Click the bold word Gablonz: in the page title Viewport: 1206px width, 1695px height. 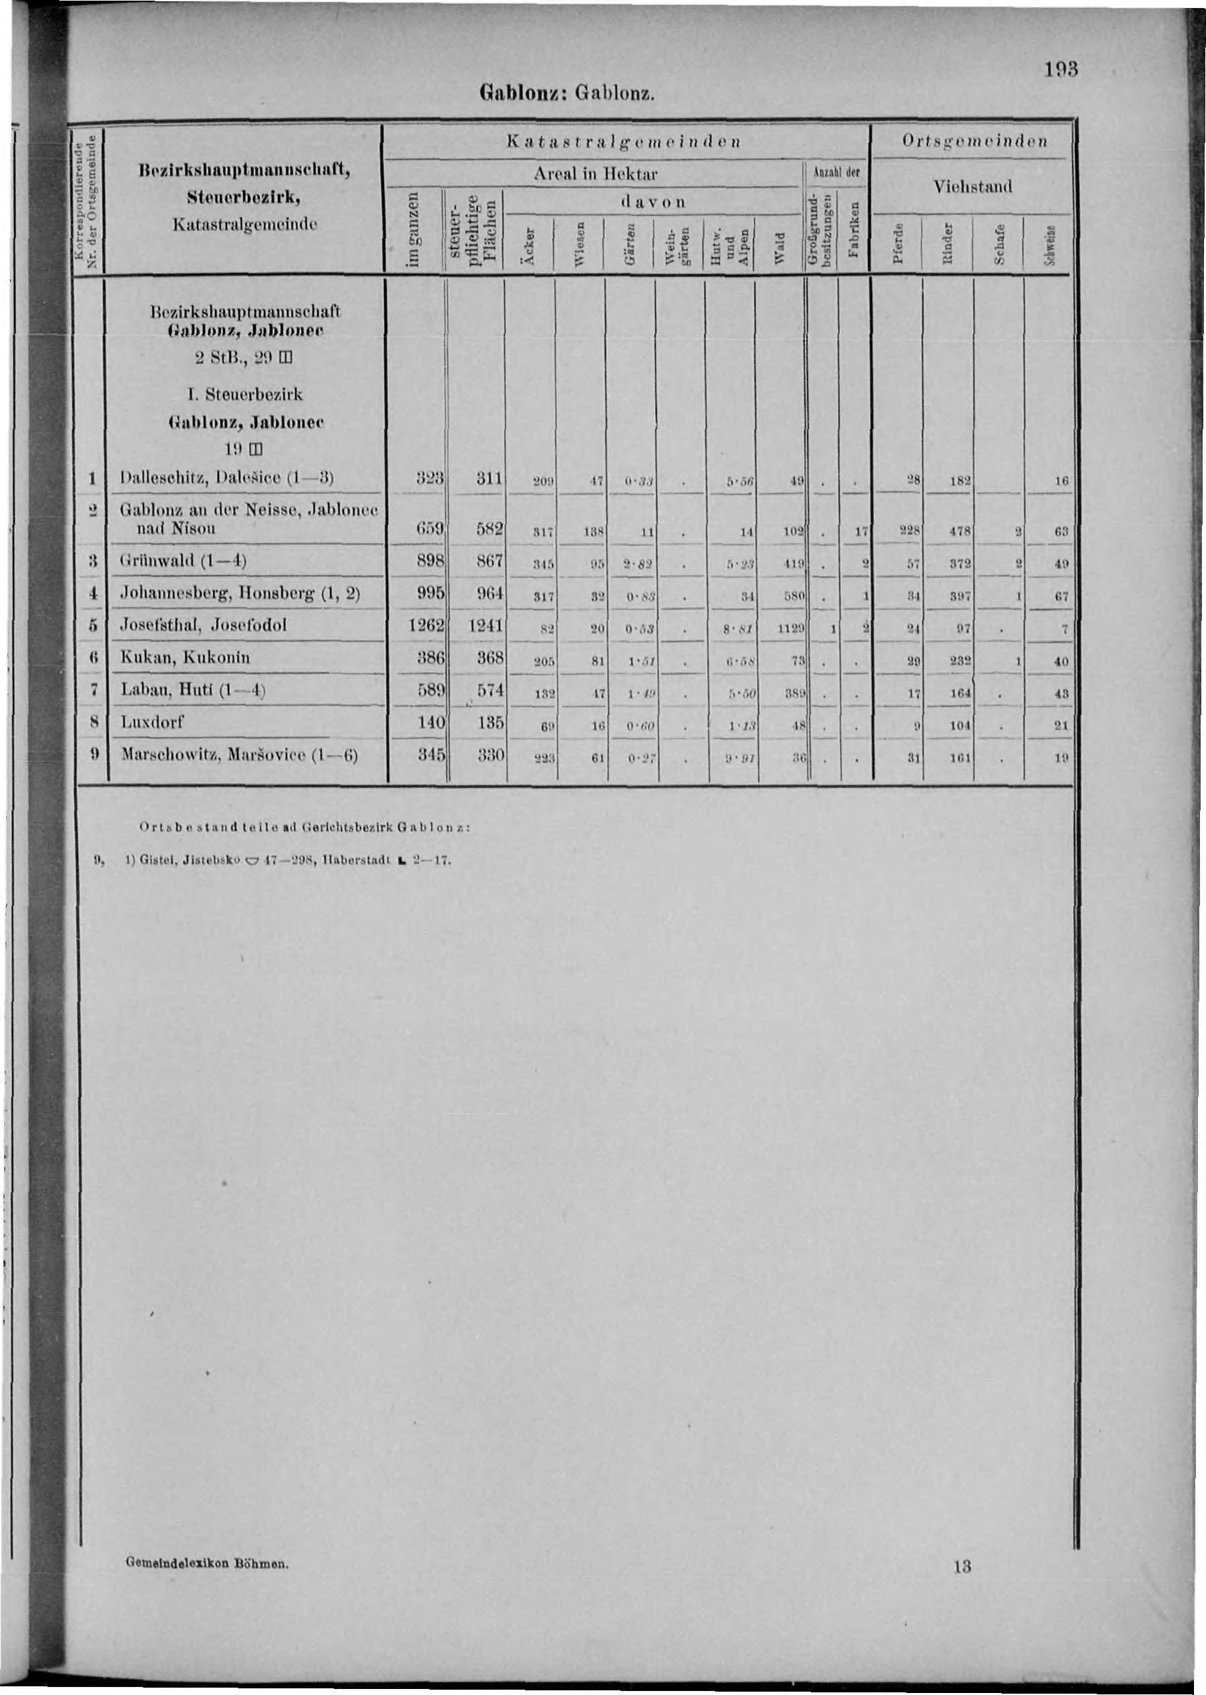pos(524,95)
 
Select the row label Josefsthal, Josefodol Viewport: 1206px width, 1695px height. pos(204,624)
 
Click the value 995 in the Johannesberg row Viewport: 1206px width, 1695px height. pos(431,592)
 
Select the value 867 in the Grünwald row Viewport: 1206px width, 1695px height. pos(490,562)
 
